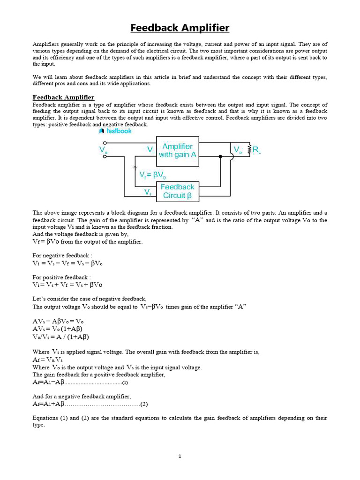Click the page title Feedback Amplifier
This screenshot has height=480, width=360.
pos(180,28)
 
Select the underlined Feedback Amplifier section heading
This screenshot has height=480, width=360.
pos(63,97)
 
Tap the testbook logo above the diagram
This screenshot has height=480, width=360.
pos(115,131)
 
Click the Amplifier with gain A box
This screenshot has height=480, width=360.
pos(177,150)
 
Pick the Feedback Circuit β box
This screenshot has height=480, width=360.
pos(177,191)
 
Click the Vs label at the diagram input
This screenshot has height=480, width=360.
pos(103,150)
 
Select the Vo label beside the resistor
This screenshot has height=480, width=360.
pos(238,150)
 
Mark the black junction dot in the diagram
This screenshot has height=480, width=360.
pos(220,157)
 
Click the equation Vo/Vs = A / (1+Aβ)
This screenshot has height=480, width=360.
pos(60,337)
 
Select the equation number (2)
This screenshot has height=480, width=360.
pos(144,404)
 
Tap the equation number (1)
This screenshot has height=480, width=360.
pos(125,383)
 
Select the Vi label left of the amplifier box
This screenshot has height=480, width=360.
pos(150,150)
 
